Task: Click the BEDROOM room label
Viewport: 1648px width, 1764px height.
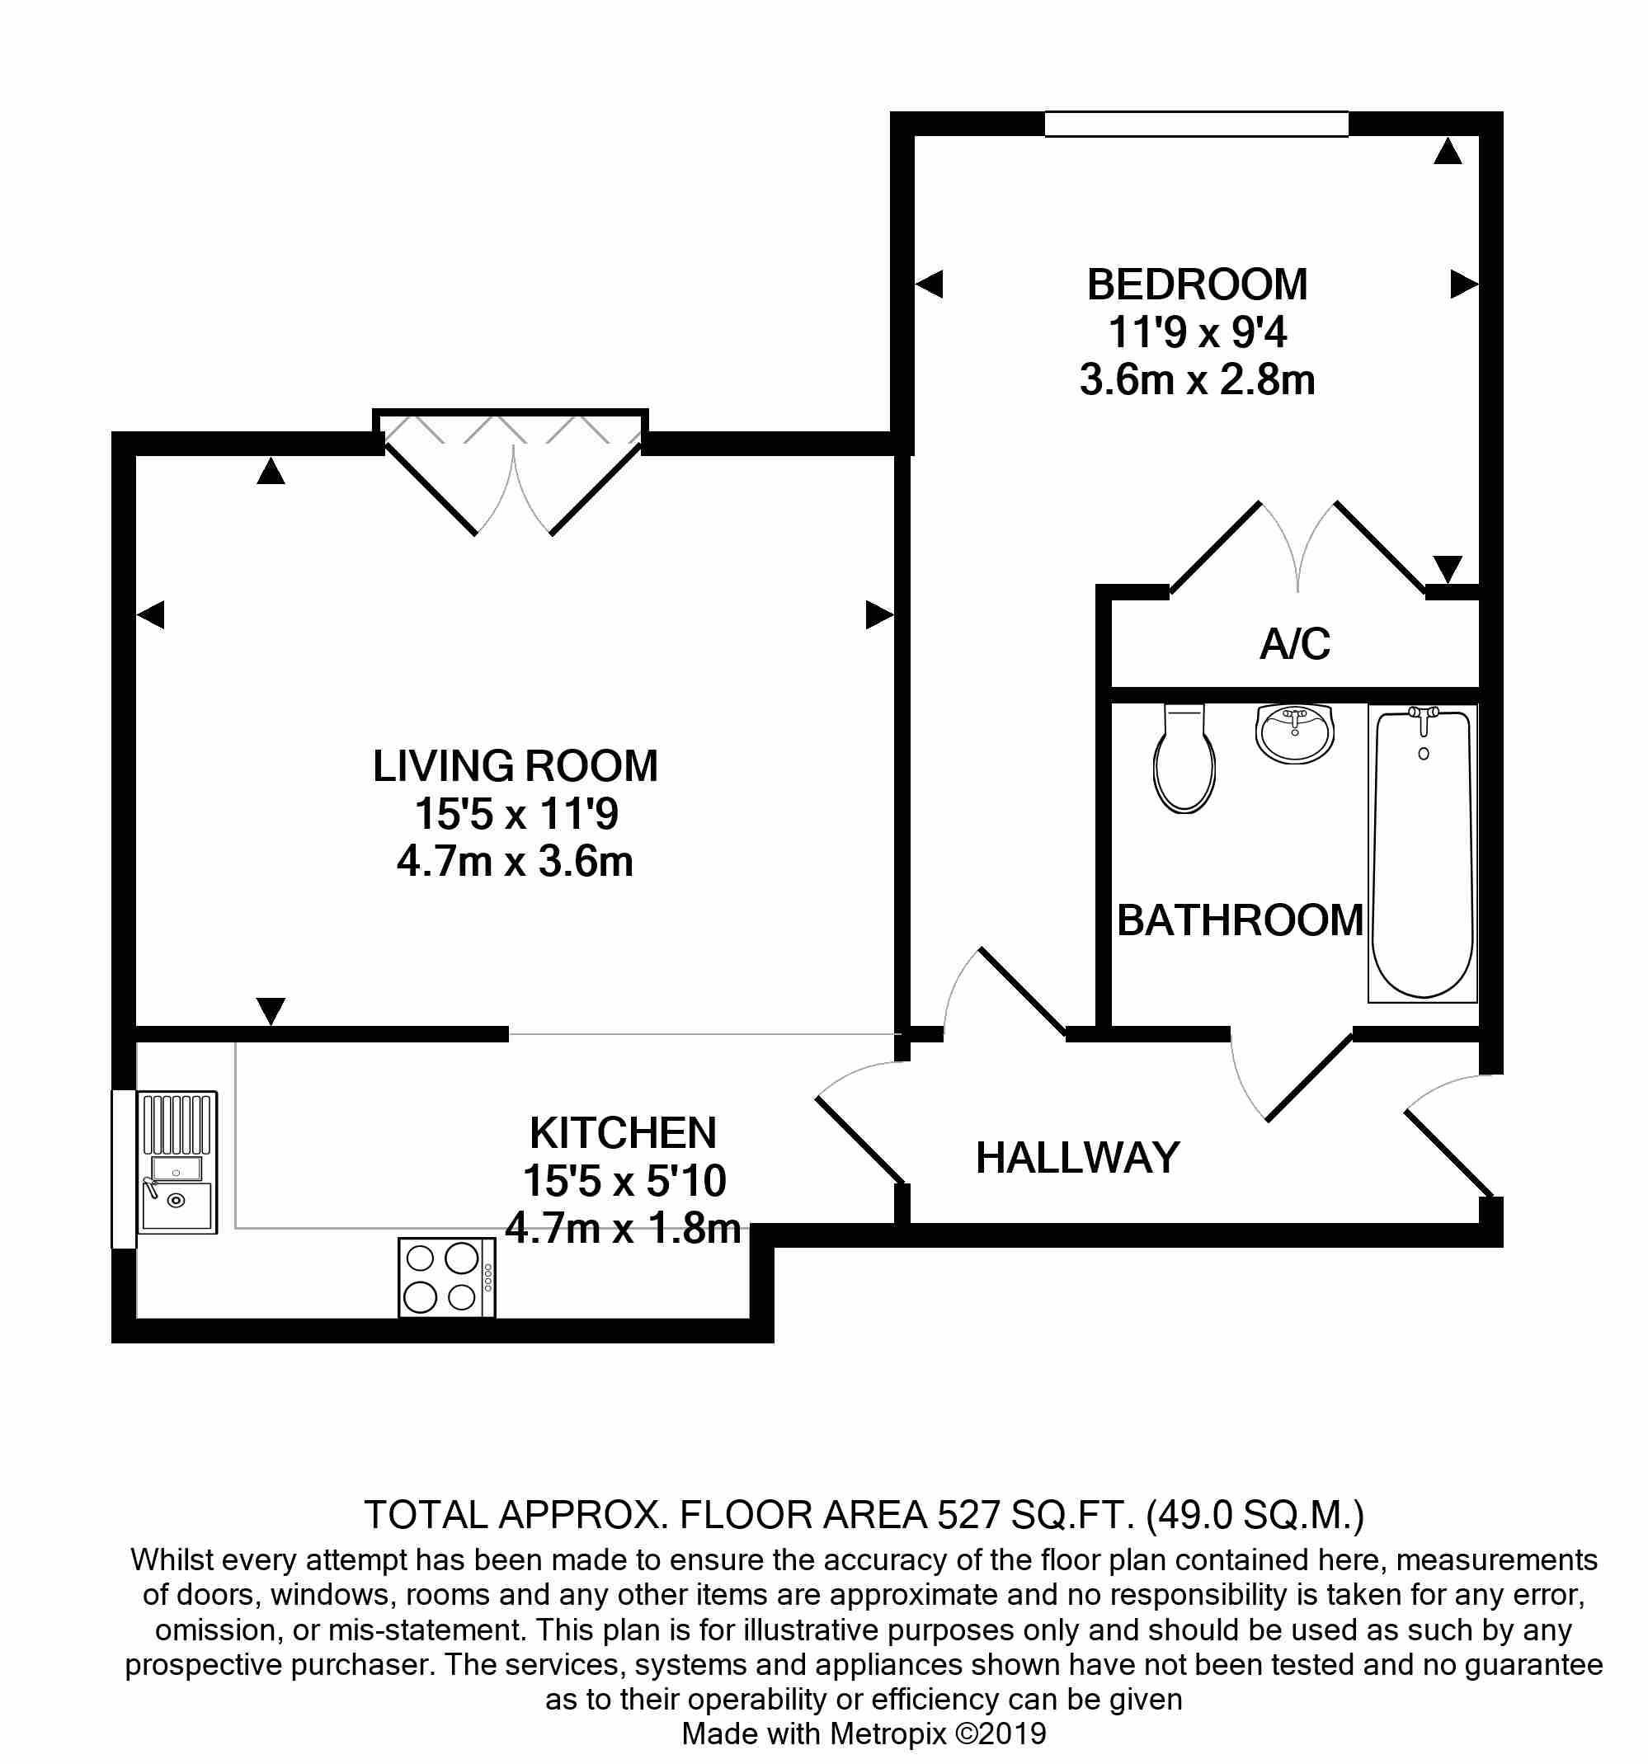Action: point(1196,285)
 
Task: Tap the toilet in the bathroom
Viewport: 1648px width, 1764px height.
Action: point(1184,760)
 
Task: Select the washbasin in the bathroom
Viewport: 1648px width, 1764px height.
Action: point(1295,733)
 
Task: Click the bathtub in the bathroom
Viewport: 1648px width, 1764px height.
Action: point(1423,853)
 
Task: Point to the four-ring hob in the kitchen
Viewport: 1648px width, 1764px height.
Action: point(446,1277)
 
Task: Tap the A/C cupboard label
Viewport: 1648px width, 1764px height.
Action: point(1295,644)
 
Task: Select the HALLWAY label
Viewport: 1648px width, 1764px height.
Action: point(1077,1157)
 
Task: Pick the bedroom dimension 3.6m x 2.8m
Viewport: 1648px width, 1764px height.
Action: point(1196,381)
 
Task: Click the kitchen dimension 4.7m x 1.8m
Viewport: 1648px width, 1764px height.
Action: point(622,1229)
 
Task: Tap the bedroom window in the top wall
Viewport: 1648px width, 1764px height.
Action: point(1195,125)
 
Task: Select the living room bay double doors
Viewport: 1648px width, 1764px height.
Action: point(514,475)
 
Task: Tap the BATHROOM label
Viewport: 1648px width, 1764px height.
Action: point(1239,920)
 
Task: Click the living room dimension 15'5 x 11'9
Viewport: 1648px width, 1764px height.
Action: point(515,814)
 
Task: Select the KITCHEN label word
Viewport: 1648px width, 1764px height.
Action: point(622,1133)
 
